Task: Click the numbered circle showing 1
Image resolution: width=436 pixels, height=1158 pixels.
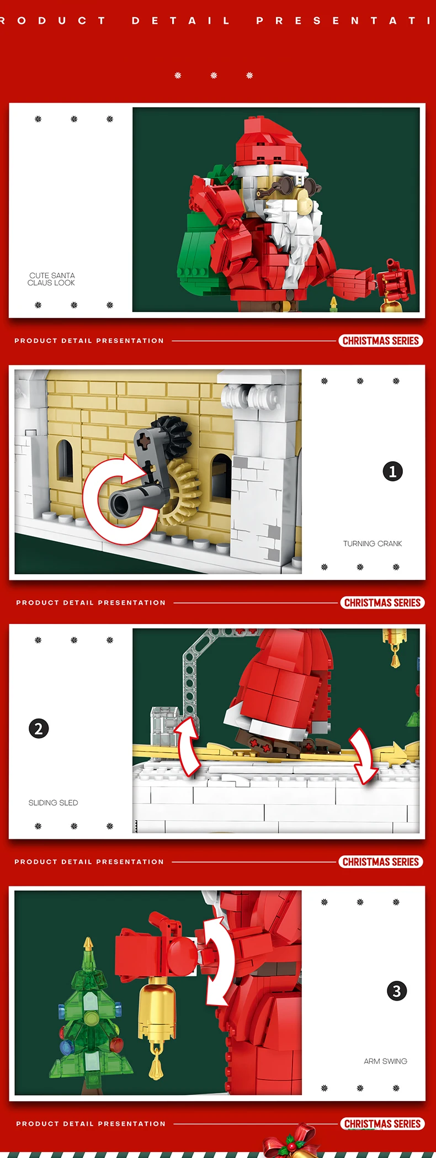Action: point(392,472)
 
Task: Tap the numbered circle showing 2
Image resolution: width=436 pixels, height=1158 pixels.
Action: point(39,728)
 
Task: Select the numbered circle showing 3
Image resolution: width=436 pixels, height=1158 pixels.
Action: point(396,991)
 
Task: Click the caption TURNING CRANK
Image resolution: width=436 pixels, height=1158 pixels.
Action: point(373,544)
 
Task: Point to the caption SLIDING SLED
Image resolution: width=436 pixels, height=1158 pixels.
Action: point(53,803)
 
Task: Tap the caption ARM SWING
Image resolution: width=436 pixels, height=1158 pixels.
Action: point(385,1061)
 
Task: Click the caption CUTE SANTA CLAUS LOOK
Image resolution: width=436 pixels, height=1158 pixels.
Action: point(51,279)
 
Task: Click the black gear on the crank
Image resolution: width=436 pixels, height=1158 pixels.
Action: point(170,436)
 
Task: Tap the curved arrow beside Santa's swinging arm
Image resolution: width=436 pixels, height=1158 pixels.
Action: point(219,961)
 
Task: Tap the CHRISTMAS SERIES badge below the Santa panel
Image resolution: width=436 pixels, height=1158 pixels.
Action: point(381,341)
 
